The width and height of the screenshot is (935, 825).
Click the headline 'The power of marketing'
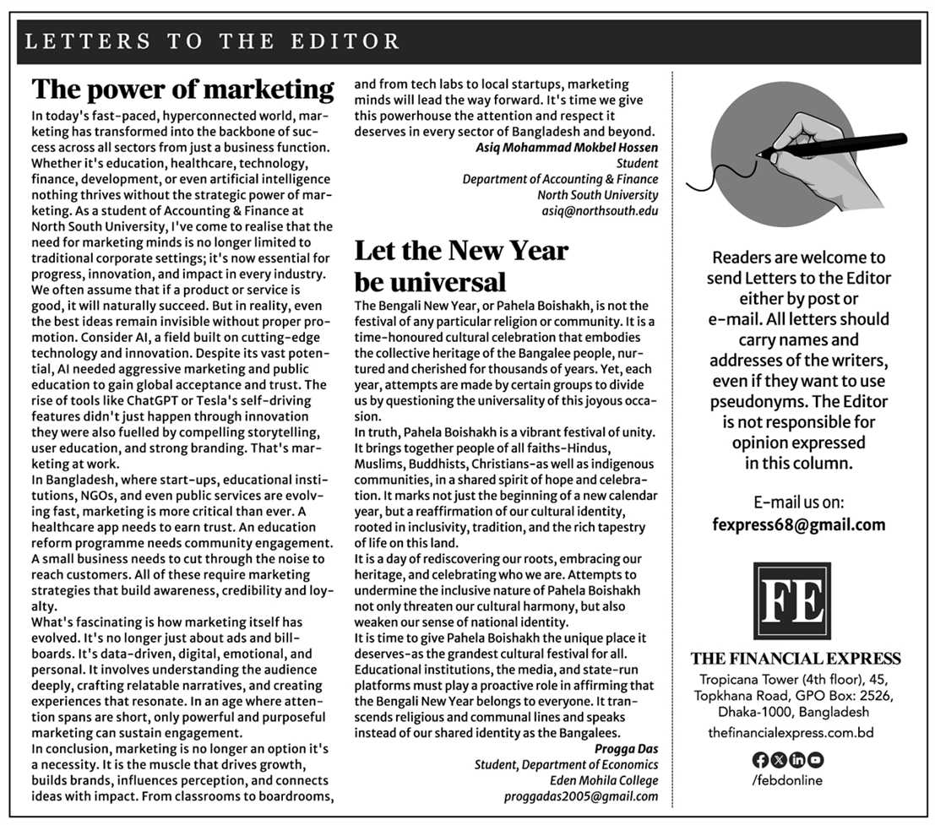(182, 90)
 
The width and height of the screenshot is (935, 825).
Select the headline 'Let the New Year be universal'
(460, 265)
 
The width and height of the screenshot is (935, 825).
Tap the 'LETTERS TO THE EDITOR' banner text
(213, 41)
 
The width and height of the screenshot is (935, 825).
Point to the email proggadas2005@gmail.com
(581, 795)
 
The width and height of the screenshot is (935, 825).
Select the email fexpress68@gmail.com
(798, 524)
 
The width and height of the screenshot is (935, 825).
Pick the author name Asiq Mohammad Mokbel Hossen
(567, 147)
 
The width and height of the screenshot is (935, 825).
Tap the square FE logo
(791, 601)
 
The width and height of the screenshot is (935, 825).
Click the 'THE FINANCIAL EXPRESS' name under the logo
(796, 659)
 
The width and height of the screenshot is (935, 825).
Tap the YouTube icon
(815, 760)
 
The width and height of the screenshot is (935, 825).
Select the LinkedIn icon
(796, 760)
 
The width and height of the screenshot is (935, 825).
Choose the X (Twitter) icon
(777, 760)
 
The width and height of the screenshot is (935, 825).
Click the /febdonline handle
(786, 780)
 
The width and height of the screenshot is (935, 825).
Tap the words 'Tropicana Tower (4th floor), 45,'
(796, 680)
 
